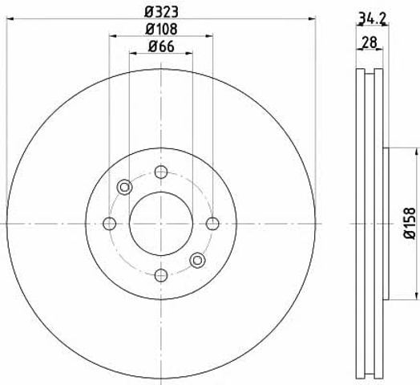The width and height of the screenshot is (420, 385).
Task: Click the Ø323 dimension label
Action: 161,12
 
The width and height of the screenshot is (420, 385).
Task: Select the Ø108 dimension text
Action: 161,29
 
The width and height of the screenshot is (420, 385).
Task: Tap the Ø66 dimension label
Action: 161,47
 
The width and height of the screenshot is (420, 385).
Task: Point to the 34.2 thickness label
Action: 372,18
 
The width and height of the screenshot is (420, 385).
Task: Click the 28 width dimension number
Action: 370,43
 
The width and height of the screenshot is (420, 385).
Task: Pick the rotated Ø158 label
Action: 410,223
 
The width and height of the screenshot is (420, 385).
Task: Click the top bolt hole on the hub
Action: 161,172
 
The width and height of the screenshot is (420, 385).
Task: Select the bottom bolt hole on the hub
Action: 161,275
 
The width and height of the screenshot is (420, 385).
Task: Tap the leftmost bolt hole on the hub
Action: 109,224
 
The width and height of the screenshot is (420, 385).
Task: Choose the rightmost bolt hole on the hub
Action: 212,224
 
